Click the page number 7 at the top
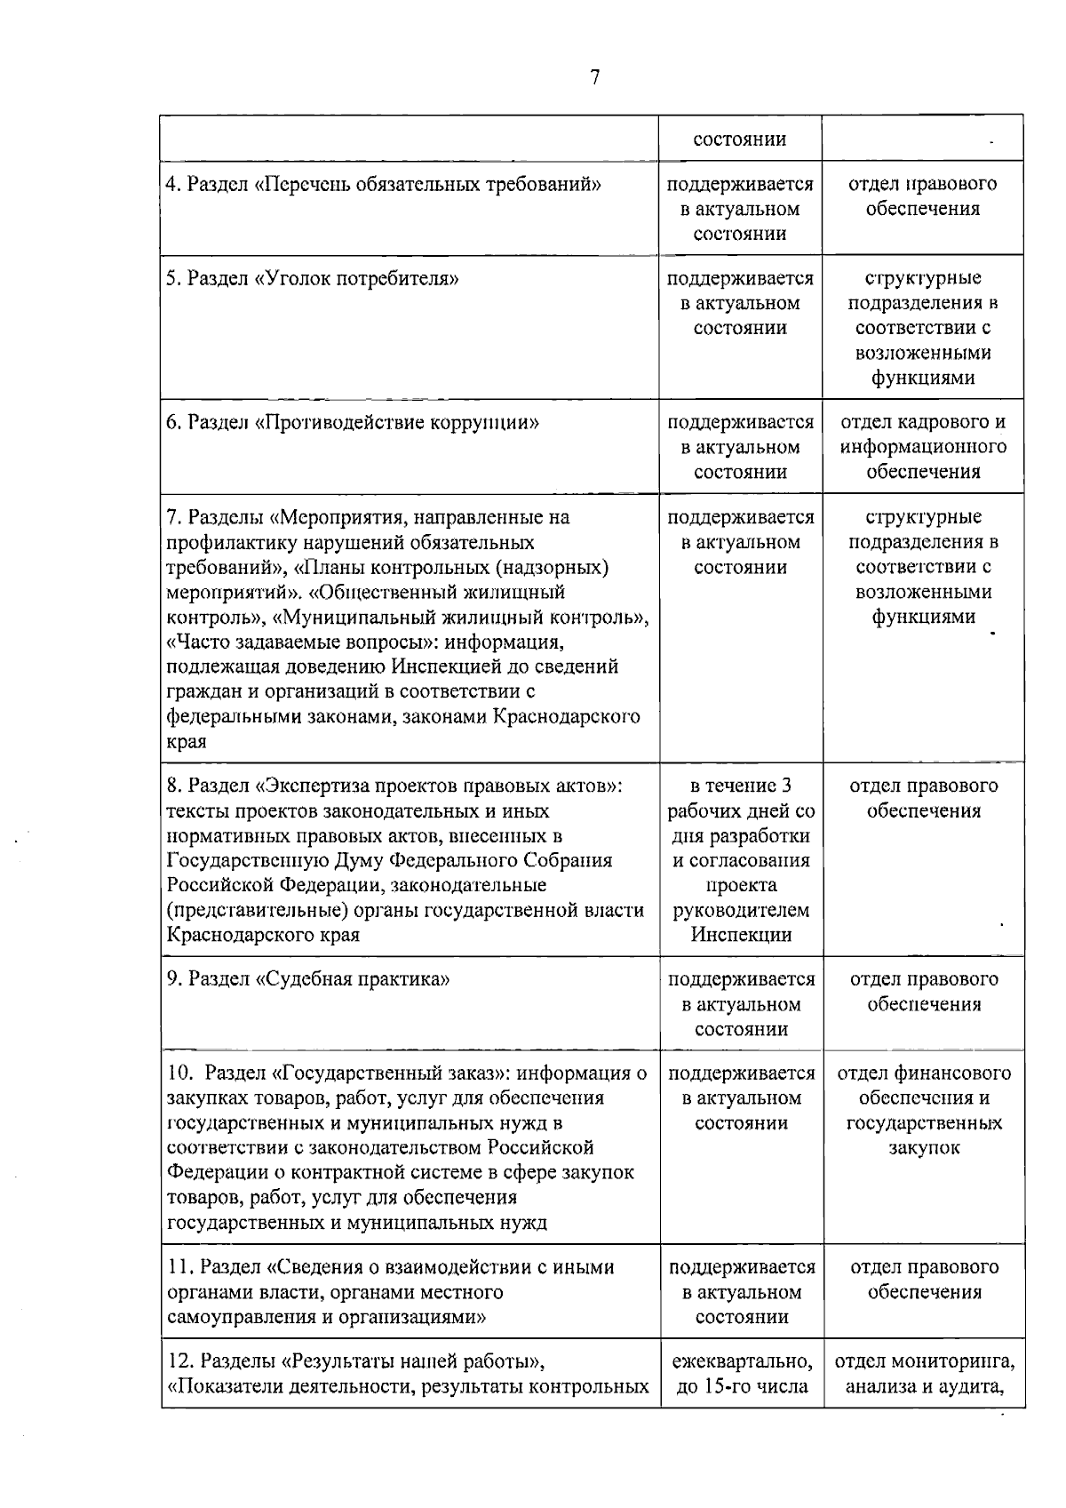[x=594, y=78]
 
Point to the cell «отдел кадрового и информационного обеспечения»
[x=923, y=447]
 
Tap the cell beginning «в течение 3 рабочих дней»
[x=741, y=860]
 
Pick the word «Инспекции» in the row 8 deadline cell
[x=741, y=935]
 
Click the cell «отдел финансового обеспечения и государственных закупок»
[x=923, y=1111]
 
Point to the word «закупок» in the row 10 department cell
[x=923, y=1148]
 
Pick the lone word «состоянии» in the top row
[x=740, y=140]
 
